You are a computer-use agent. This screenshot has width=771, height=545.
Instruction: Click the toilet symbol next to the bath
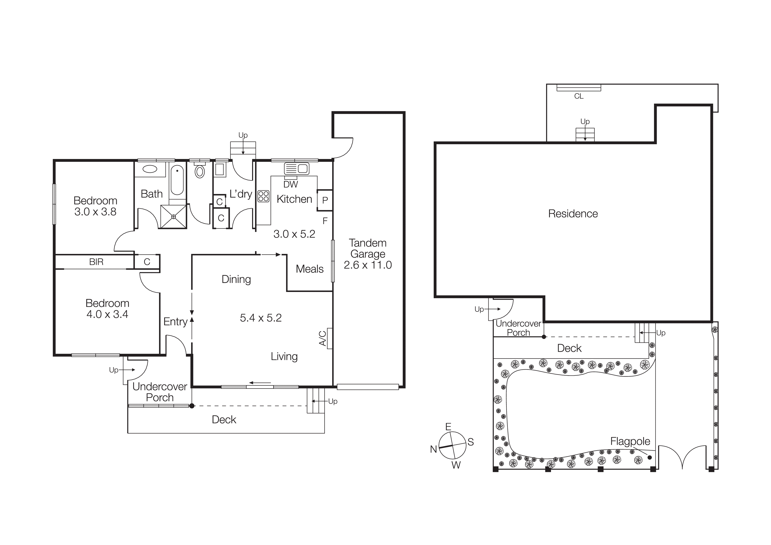click(x=200, y=171)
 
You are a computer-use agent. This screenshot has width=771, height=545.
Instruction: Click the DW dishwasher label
click(x=291, y=184)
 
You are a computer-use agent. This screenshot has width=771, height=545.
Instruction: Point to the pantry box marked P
click(x=325, y=201)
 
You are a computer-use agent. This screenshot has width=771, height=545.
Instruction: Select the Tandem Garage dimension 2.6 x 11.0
click(x=368, y=265)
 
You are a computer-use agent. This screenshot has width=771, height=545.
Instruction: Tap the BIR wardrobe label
click(x=96, y=262)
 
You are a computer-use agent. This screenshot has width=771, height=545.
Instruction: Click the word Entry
click(x=175, y=322)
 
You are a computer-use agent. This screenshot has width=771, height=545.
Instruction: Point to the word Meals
click(x=310, y=269)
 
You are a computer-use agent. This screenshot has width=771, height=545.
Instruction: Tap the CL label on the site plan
click(x=579, y=96)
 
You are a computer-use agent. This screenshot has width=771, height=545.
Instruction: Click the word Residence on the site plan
click(x=573, y=214)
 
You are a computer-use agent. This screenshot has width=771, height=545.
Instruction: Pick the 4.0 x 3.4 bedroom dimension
click(x=107, y=314)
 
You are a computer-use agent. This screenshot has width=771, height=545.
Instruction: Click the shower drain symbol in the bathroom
click(x=174, y=217)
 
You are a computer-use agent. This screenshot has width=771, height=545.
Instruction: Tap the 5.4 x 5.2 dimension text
click(x=261, y=318)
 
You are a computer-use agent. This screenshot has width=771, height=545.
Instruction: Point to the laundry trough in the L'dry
click(x=220, y=170)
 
